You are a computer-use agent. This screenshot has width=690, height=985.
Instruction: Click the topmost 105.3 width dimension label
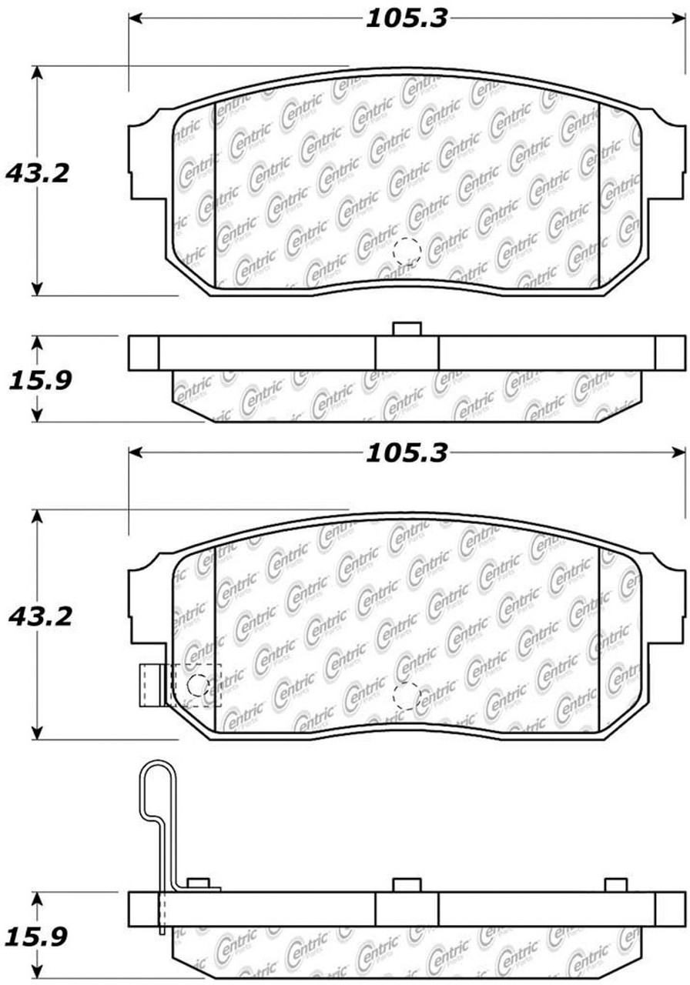coord(406,19)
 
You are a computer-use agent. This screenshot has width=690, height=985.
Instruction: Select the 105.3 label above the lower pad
coord(406,454)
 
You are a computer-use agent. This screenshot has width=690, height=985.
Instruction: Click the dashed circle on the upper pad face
coord(406,251)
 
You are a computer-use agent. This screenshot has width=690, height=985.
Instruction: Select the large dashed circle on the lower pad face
coord(406,696)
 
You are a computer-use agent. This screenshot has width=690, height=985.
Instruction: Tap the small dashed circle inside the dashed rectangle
coord(198,684)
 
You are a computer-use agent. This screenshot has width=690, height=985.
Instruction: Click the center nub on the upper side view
coord(407,329)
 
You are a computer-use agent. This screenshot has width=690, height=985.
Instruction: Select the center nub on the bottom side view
coord(407,885)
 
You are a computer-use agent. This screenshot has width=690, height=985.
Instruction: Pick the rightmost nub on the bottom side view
coord(616,885)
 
